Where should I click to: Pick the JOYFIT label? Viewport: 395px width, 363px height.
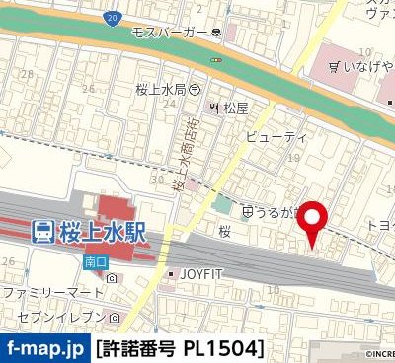[203, 273]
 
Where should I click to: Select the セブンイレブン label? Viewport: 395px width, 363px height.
[56, 318]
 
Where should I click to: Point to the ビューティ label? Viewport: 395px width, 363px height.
[276, 135]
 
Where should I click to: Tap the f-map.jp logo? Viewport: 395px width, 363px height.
[43, 348]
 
